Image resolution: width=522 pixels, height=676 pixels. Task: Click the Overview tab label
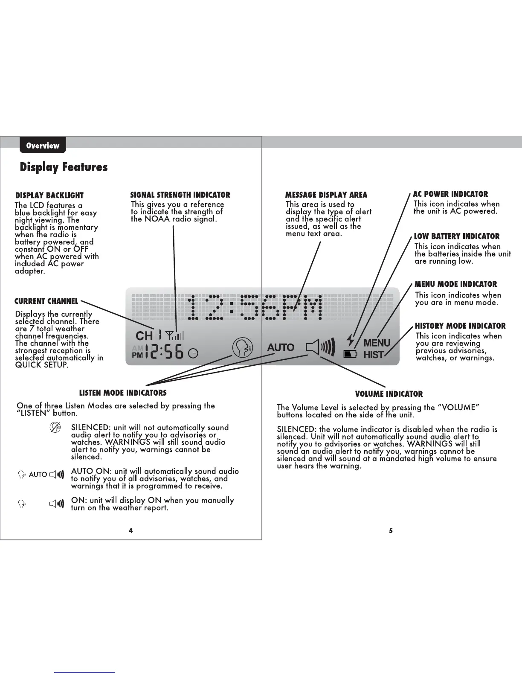pos(43,146)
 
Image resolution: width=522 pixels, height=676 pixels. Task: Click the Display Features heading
pos(64,167)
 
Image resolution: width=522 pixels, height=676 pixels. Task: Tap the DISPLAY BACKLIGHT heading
pos(49,195)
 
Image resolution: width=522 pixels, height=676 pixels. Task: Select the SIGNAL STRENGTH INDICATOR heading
pos(180,195)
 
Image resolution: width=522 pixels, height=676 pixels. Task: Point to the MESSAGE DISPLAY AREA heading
pos(326,195)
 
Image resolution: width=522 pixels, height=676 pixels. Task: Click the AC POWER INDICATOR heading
pos(450,194)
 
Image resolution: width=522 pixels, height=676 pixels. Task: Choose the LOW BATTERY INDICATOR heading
pos(457,236)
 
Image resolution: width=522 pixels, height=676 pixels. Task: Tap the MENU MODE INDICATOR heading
pos(456,284)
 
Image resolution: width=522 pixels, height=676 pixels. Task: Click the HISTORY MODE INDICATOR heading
pos(460,326)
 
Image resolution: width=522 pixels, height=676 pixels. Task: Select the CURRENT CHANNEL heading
pos(46,301)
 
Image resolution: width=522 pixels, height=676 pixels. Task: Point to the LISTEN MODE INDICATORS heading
pos(123,393)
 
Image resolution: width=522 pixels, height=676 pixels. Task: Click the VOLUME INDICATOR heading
pos(389,394)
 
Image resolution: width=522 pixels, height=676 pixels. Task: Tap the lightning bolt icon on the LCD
pos(351,340)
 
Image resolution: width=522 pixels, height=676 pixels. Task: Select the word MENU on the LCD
pos(377,343)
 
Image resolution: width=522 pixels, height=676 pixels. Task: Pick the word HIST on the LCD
pos(374,355)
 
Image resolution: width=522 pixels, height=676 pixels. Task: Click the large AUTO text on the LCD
pos(281,348)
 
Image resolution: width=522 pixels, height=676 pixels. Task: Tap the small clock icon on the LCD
pos(193,353)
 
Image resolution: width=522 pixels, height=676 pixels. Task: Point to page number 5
pos(391,531)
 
